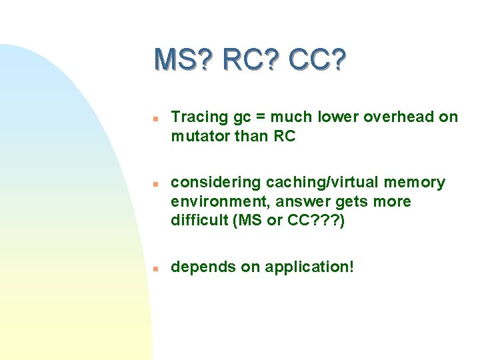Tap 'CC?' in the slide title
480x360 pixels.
[317, 60]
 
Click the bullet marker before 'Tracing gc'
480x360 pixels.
[153, 118]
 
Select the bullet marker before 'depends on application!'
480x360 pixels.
[153, 268]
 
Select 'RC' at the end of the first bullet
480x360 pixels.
[284, 137]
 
